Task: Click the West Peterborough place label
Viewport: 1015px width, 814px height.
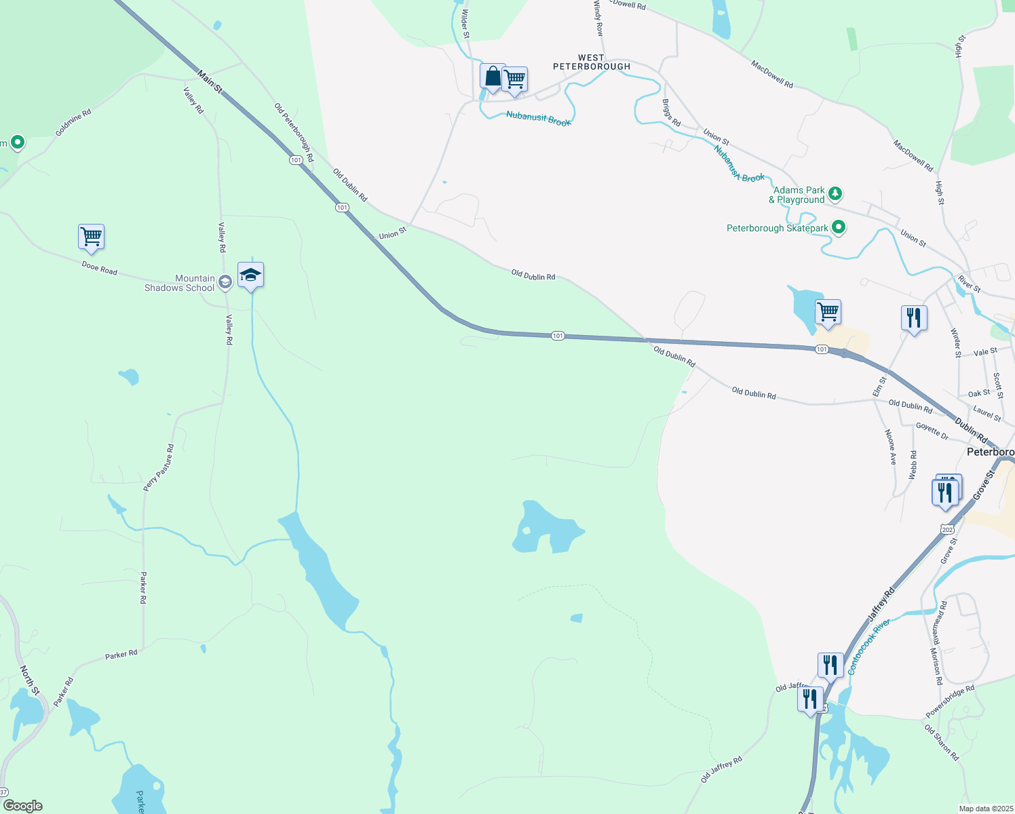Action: [x=592, y=62]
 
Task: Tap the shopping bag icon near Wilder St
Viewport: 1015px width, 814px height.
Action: [x=493, y=77]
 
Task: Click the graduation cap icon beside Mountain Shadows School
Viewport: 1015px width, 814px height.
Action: [x=250, y=275]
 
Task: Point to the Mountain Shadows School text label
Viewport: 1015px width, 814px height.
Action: [x=180, y=283]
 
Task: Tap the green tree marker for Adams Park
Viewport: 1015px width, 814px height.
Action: [x=836, y=194]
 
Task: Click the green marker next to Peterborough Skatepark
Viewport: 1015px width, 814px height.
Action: [x=839, y=227]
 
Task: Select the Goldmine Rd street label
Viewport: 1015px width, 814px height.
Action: [x=73, y=123]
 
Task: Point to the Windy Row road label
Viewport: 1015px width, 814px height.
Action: [x=598, y=18]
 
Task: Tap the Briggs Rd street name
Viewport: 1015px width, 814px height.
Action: [x=671, y=113]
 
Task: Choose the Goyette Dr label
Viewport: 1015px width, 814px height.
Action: [x=932, y=431]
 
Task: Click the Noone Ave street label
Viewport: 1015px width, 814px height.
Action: [x=891, y=446]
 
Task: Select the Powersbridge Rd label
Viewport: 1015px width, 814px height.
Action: [x=950, y=701]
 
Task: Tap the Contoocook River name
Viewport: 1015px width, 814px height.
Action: [x=868, y=646]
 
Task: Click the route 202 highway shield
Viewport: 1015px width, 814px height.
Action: [x=948, y=529]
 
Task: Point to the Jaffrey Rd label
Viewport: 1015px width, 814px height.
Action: [x=881, y=604]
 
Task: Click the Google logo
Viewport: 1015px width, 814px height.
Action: [x=23, y=806]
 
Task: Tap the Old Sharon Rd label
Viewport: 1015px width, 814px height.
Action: [x=942, y=742]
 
